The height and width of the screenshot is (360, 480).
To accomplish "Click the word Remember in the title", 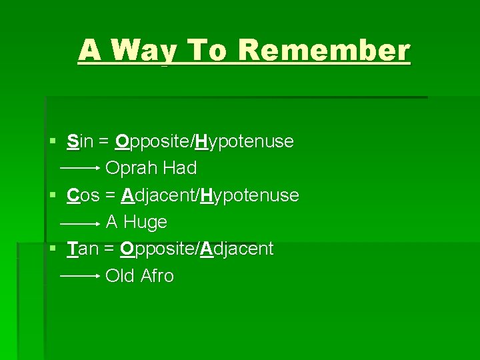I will tap(324, 50).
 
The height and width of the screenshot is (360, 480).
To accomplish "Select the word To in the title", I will tap(208, 50).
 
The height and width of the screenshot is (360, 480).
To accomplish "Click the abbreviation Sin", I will tap(81, 141).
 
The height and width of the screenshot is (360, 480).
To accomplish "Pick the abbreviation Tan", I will tap(83, 249).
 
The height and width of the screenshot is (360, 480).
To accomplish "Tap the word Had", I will tap(179, 169).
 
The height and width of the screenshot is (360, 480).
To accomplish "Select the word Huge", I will tap(145, 222).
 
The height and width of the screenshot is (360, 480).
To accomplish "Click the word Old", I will tap(121, 276).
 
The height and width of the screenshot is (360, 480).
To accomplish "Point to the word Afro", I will tap(157, 276).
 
